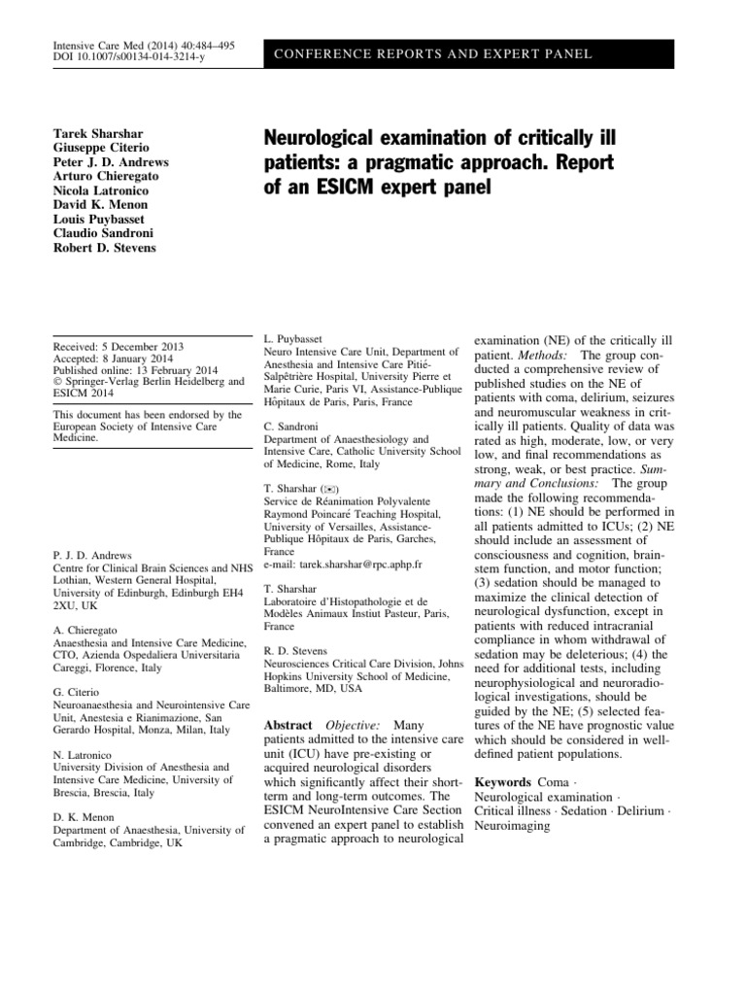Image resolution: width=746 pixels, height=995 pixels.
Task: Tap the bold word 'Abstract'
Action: point(288,726)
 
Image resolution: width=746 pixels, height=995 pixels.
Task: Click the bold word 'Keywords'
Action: point(502,782)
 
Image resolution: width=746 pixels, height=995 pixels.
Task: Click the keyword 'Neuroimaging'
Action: point(511,827)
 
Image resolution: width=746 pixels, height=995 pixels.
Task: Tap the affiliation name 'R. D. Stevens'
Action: point(297,650)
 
